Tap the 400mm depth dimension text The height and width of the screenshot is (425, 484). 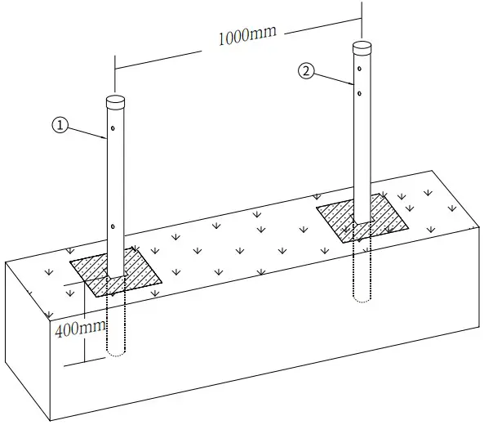[80, 331]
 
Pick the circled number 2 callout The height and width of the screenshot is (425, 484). [306, 71]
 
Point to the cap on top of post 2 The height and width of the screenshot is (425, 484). [362, 47]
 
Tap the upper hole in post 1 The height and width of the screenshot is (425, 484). [112, 131]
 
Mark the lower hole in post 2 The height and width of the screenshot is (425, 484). [358, 93]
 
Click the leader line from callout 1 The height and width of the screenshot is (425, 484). [87, 133]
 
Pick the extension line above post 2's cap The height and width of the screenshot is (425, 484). [361, 20]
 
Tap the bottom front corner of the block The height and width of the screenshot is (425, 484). [51, 419]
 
